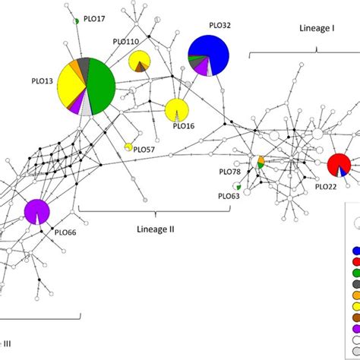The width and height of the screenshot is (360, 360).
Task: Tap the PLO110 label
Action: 125,43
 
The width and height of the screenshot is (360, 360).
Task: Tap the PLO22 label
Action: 326,186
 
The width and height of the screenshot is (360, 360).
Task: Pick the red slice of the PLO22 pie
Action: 336,163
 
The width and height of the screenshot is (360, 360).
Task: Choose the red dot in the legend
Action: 355,261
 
